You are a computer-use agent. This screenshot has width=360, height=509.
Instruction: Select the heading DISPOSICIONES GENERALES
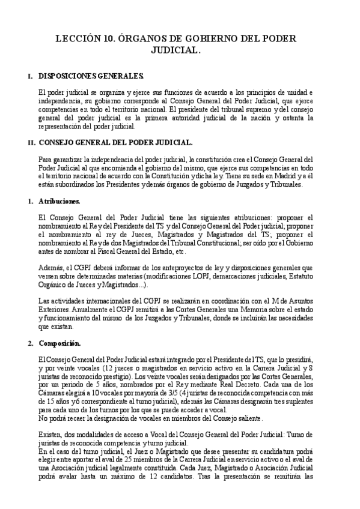click(91, 76)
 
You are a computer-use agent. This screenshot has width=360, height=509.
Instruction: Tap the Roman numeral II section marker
click(31, 143)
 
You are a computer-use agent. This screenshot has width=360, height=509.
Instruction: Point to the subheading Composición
click(64, 343)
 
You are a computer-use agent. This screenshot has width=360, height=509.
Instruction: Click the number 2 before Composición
click(30, 343)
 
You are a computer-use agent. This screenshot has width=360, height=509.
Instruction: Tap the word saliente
click(246, 417)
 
